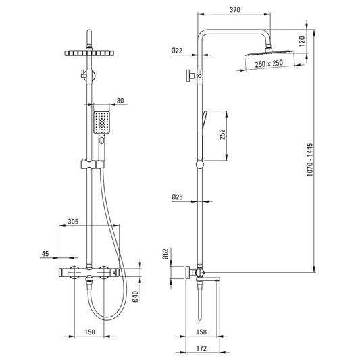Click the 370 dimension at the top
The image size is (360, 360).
pyautogui.click(x=234, y=10)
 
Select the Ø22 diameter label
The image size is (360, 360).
pyautogui.click(x=177, y=51)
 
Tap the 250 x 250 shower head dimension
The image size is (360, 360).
pyautogui.click(x=269, y=63)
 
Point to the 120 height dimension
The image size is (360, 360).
pyautogui.click(x=303, y=41)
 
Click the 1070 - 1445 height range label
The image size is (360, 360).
pyautogui.click(x=310, y=159)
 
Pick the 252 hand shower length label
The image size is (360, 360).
pyautogui.click(x=222, y=134)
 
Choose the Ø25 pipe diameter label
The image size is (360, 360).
pyautogui.click(x=177, y=197)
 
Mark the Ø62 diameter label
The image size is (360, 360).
pyautogui.click(x=165, y=254)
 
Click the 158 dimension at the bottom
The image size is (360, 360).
pyautogui.click(x=201, y=332)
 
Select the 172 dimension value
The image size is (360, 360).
pyautogui.click(x=201, y=349)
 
